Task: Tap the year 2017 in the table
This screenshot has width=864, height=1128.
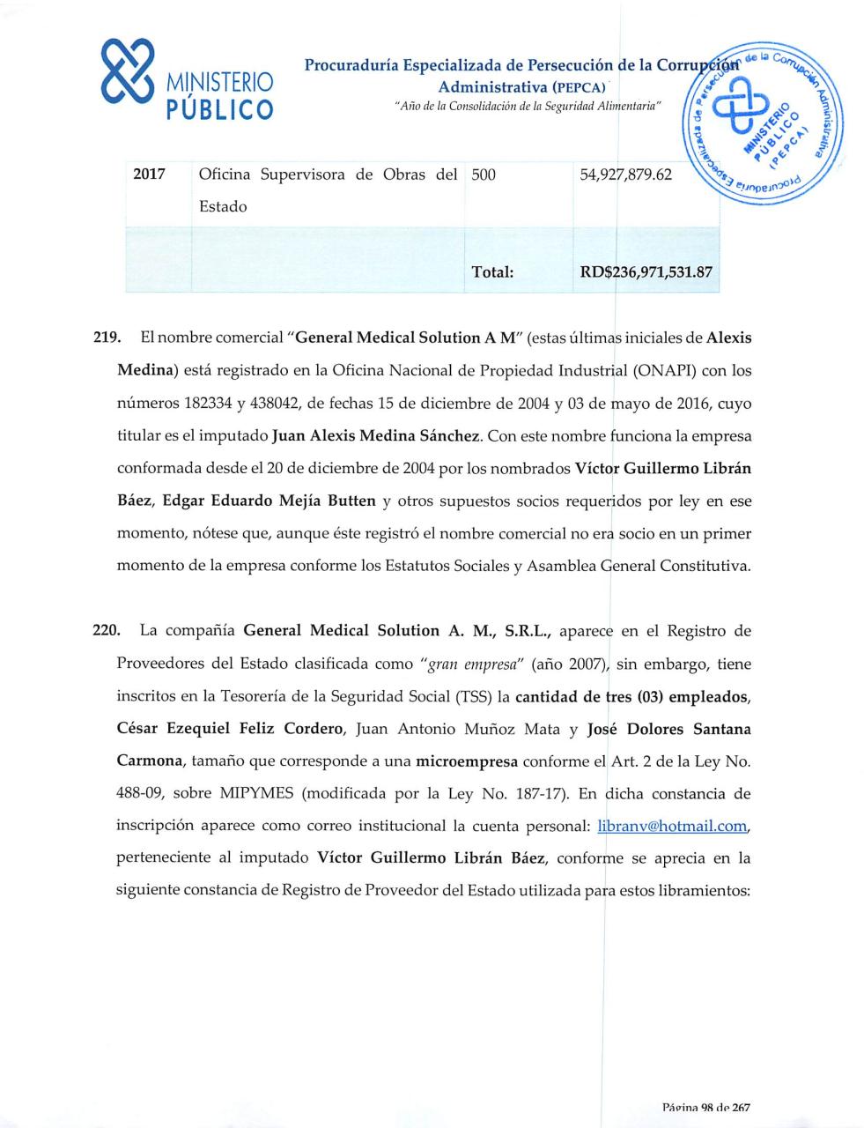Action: point(149,174)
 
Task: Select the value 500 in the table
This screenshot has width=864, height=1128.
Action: point(484,174)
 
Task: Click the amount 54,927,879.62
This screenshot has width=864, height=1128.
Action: point(625,174)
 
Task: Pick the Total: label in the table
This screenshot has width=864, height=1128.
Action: point(492,272)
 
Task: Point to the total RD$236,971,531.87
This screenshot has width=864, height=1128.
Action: point(645,272)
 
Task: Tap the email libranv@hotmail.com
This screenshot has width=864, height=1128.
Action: point(673,827)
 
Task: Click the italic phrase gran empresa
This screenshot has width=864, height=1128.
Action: point(477,664)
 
